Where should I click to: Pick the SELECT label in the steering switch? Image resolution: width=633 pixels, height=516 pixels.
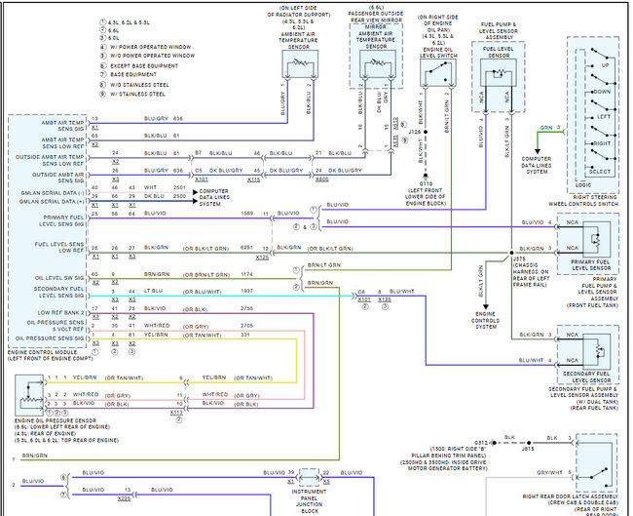click(601, 172)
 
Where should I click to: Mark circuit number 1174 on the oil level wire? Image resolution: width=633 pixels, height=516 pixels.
click(220, 276)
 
